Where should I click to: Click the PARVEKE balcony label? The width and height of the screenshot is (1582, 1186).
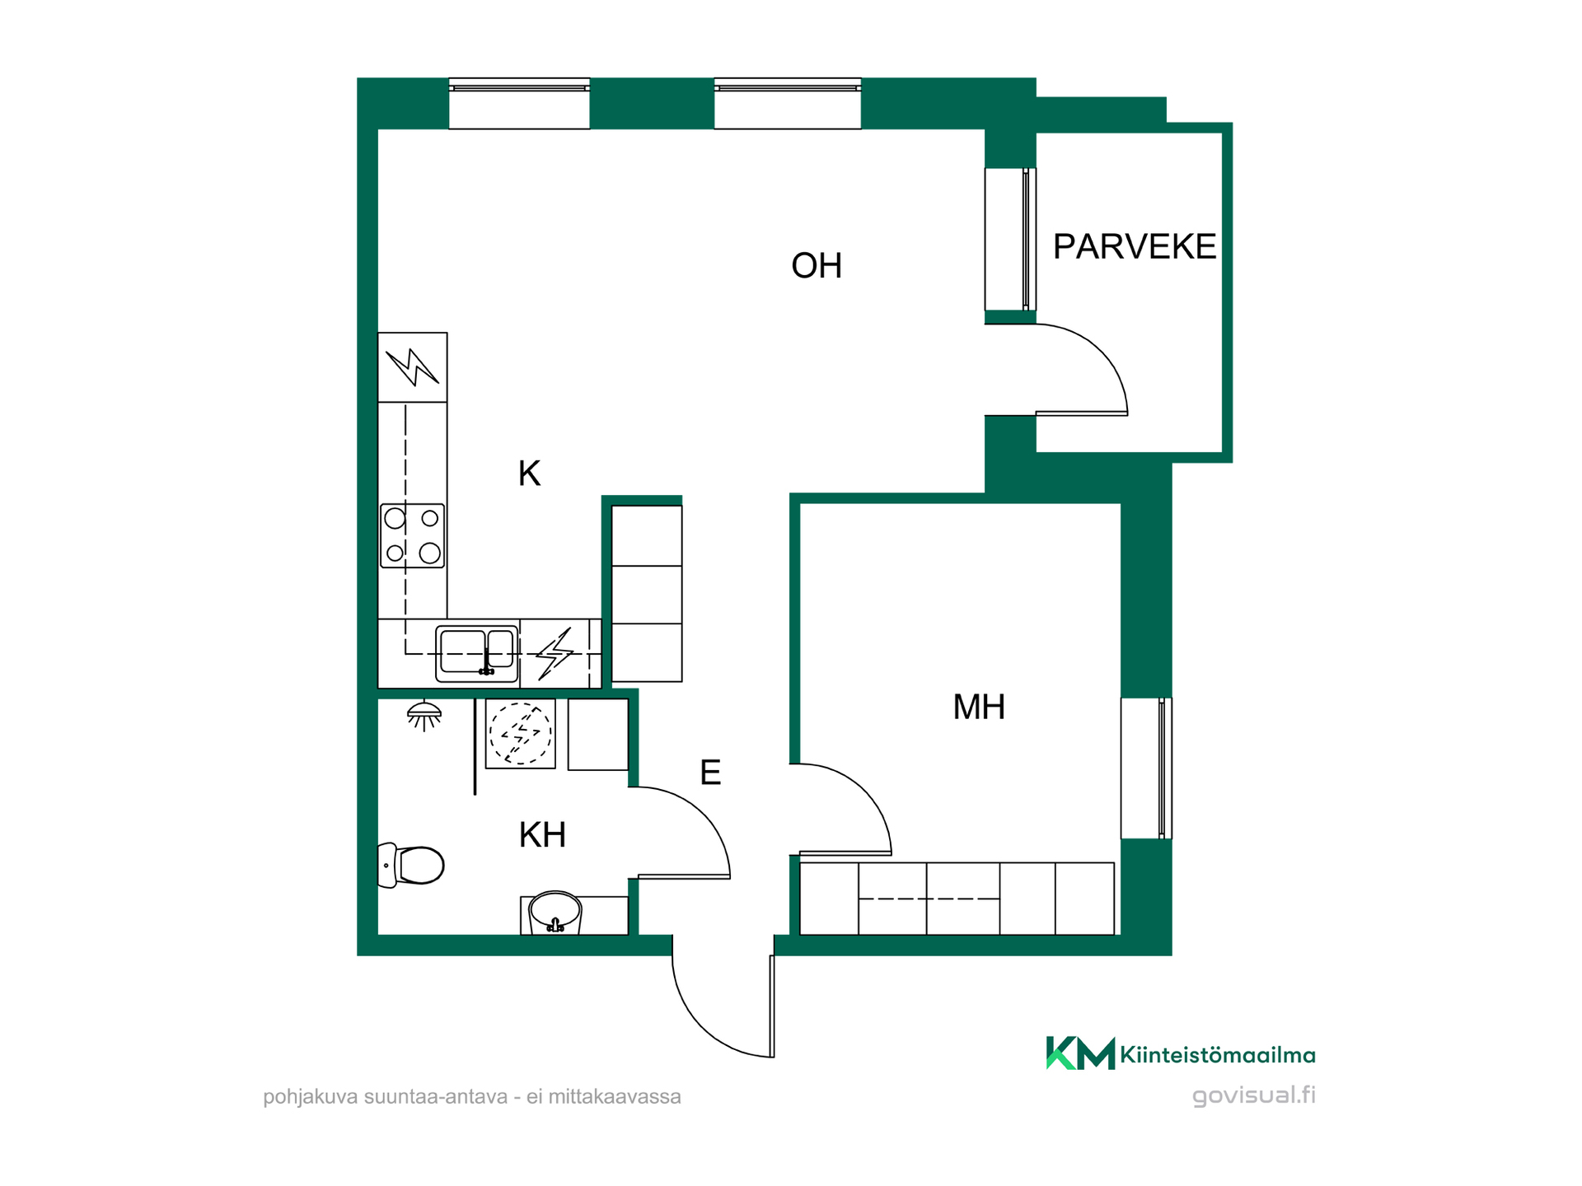[x=1135, y=246]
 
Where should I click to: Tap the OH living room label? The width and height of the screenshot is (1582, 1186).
[x=817, y=265]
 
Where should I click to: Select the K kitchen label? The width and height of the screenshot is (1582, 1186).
[x=529, y=474]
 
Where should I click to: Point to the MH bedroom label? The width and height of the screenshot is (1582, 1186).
[x=979, y=707]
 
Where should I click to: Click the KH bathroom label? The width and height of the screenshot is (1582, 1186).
[x=542, y=835]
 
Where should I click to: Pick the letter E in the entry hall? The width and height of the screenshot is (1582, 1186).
[x=710, y=773]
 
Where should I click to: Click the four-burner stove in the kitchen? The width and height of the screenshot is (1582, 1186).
[x=412, y=536]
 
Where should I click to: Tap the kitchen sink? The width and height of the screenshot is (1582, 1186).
[x=477, y=654]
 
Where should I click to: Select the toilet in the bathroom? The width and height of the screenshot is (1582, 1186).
[x=410, y=865]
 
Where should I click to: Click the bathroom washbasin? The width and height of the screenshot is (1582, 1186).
[x=555, y=913]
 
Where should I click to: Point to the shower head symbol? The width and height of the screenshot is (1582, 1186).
[x=424, y=716]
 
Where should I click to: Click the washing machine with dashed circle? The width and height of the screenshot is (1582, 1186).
[x=520, y=733]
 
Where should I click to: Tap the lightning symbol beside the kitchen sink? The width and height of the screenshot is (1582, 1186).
[x=555, y=654]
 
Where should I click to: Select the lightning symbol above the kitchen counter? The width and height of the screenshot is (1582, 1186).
[x=412, y=367]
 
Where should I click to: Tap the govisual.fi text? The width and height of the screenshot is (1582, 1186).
[x=1254, y=1095]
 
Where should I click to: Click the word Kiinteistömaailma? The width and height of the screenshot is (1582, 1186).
[x=1218, y=1055]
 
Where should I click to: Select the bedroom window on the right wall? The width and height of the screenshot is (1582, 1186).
[x=1146, y=768]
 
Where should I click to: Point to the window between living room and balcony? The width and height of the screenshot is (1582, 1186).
[x=1010, y=239]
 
